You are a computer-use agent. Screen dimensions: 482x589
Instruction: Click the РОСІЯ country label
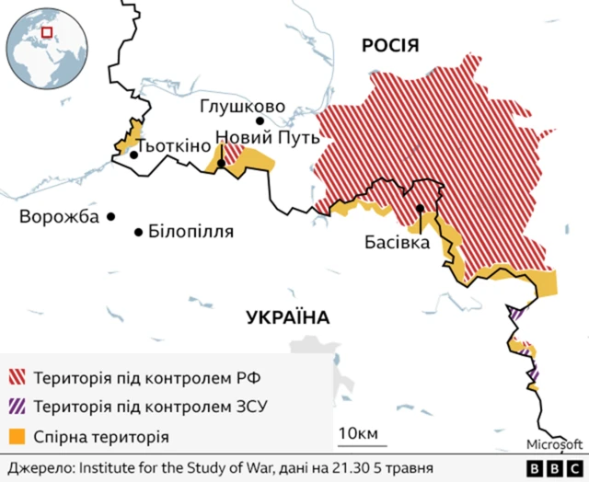[x=390, y=46]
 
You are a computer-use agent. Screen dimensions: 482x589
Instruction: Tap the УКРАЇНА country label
[x=288, y=318]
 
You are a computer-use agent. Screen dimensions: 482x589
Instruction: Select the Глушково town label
[x=242, y=107]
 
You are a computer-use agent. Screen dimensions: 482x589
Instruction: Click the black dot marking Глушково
[x=260, y=120]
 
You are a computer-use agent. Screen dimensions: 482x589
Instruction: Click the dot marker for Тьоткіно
[x=134, y=155]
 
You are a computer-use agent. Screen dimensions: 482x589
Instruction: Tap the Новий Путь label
[x=267, y=138]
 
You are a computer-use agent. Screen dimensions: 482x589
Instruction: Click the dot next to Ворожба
[x=111, y=217]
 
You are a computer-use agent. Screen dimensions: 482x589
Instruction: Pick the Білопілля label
[x=191, y=232]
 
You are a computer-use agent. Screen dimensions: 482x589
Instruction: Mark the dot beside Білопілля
[x=139, y=232]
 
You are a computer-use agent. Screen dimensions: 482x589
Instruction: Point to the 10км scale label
[x=358, y=433]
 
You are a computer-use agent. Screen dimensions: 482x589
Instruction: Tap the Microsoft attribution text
[x=554, y=445]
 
